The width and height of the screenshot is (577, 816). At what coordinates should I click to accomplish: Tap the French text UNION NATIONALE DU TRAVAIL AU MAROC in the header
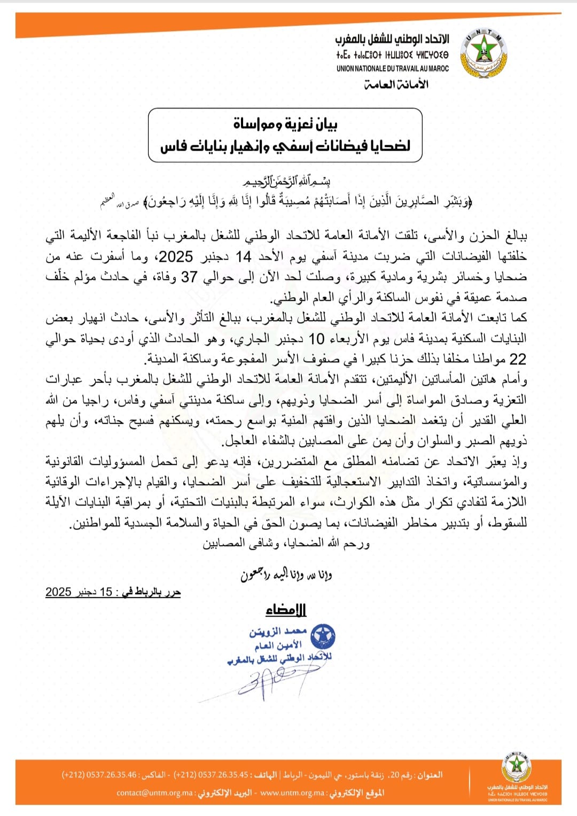[393, 68]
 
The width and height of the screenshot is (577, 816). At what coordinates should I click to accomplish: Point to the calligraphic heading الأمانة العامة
[396, 84]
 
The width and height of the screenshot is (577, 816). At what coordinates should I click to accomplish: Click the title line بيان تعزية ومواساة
[285, 125]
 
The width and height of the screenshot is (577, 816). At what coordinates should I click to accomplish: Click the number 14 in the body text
[244, 257]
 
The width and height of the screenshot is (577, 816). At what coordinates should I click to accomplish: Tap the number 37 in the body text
[189, 277]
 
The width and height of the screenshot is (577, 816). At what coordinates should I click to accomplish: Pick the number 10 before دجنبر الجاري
[317, 338]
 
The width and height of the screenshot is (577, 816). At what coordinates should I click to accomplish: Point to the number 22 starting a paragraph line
[518, 359]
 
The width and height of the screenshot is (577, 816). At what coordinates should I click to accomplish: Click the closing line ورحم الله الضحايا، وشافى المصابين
[286, 543]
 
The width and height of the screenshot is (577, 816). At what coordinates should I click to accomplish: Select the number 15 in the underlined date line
[106, 592]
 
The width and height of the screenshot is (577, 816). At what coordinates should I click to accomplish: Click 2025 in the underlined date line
[58, 592]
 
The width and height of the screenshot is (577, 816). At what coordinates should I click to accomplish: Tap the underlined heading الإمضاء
[286, 610]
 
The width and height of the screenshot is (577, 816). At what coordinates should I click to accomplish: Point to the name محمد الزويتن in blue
[278, 632]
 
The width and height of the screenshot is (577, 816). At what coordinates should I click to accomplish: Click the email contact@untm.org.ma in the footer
[155, 793]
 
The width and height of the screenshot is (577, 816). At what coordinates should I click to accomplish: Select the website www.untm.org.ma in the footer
[291, 793]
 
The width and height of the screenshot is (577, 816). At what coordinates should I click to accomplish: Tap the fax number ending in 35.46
[99, 775]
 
